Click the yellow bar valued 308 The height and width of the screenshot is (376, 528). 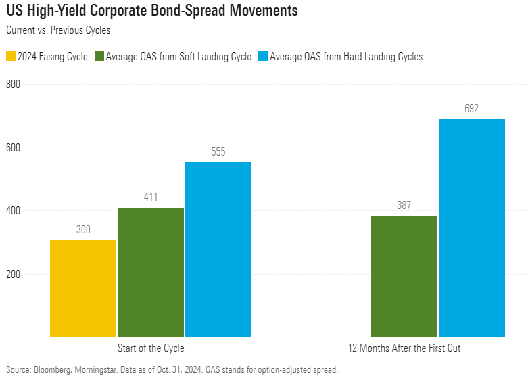tap(83, 288)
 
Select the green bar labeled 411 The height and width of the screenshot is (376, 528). tap(151, 272)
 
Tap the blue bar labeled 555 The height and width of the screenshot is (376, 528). tap(218, 249)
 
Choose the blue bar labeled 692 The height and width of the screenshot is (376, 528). tap(472, 227)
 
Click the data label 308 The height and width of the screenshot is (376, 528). tap(82, 230)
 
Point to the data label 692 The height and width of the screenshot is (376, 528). tap(471, 108)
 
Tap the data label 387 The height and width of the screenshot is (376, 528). tap(404, 206)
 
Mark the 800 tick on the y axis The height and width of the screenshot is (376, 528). tap(14, 85)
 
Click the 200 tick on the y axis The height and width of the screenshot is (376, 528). tap(14, 274)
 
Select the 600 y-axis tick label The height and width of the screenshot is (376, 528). tap(14, 147)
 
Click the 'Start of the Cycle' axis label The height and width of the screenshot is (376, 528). tap(151, 348)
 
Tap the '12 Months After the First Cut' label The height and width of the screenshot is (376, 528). tap(404, 348)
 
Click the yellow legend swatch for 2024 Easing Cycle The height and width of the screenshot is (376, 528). tap(10, 57)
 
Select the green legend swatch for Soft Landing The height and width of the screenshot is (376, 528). tap(100, 57)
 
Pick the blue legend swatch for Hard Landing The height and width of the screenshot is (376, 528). tap(263, 57)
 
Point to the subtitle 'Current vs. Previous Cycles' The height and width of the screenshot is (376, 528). tap(57, 30)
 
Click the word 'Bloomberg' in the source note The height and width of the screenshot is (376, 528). tap(53, 369)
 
